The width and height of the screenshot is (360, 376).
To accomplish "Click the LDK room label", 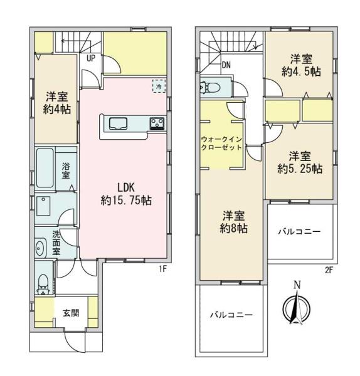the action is tap(126, 194).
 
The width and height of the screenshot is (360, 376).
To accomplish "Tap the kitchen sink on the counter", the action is tap(118, 123).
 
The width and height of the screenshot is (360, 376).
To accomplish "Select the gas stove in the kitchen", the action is tap(157, 123).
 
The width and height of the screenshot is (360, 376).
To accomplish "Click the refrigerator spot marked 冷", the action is tap(159, 86).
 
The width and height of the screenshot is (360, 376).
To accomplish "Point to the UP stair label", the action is tap(91, 58).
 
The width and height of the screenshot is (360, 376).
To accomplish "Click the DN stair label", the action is tap(226, 65).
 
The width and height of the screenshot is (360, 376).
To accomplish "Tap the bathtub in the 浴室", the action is tap(45, 167).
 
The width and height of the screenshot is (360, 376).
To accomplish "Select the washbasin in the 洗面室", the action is tap(40, 248).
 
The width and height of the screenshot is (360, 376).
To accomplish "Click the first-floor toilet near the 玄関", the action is tap(43, 284).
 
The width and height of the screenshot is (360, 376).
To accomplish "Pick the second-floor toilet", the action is tap(210, 87).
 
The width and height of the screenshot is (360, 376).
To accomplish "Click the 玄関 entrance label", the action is tap(71, 313).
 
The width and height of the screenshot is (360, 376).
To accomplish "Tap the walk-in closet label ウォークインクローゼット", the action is tap(221, 143).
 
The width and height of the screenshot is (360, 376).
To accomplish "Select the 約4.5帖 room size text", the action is tap(301, 71).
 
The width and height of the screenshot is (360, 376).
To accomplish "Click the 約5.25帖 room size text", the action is tap(300, 169).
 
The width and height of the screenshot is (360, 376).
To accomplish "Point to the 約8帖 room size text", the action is tap(233, 229).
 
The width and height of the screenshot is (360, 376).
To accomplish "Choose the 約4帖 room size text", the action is tap(57, 110).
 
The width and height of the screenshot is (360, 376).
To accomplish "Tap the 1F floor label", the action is tap(162, 269).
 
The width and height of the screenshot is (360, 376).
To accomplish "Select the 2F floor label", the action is tap(329, 271).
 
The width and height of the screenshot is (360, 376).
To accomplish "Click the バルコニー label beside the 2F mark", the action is tap(299, 232).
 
